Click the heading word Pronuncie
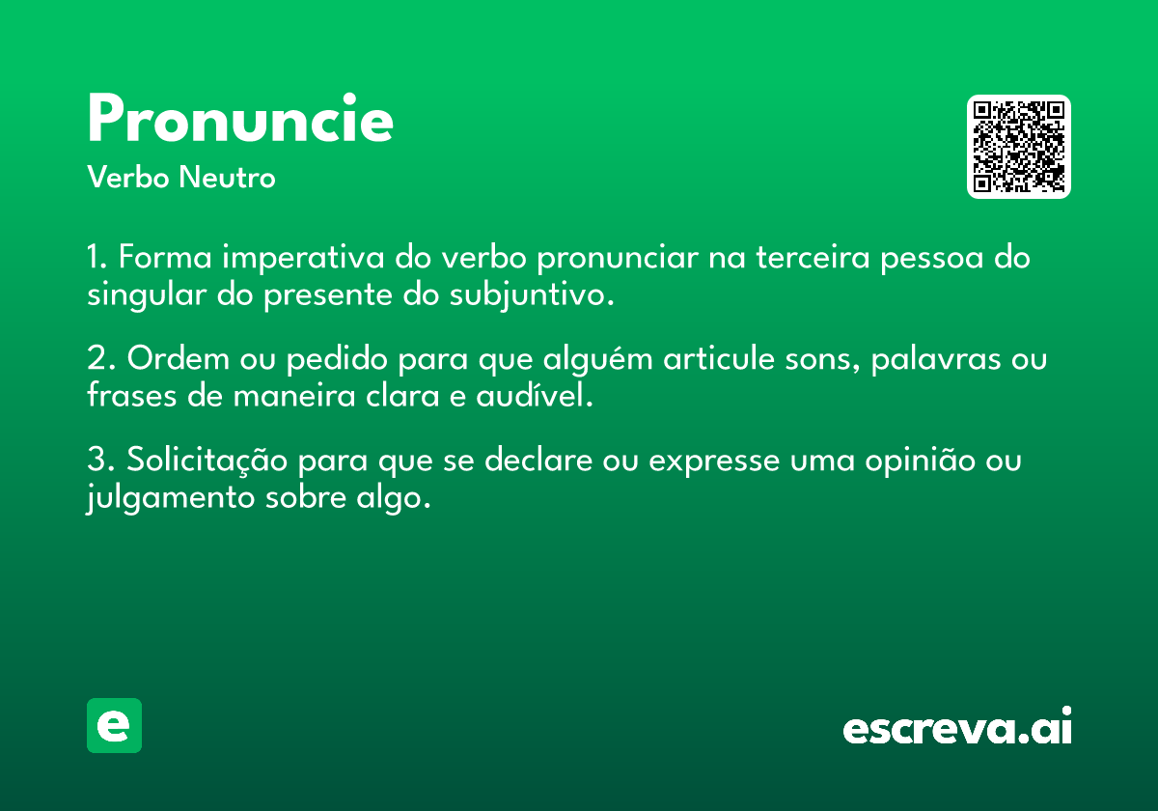click(x=240, y=119)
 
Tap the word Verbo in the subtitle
click(x=128, y=177)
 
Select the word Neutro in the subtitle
click(x=228, y=177)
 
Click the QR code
click(x=1018, y=147)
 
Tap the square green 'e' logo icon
click(x=114, y=725)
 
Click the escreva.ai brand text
click(x=957, y=726)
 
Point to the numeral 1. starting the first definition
click(x=97, y=257)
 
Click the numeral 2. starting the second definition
click(x=101, y=358)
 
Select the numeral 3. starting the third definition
click(x=101, y=460)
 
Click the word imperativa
click(x=303, y=258)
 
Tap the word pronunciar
click(x=618, y=258)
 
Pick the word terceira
click(x=813, y=257)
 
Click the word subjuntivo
click(x=532, y=295)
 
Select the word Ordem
click(x=179, y=358)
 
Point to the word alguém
click(x=598, y=359)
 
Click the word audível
click(x=535, y=395)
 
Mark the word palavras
click(x=936, y=359)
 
